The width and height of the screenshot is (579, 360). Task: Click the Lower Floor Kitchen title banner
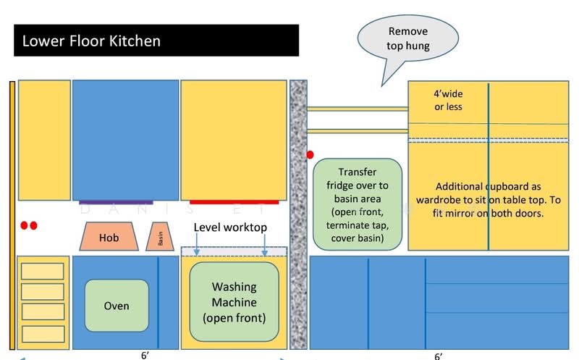156,41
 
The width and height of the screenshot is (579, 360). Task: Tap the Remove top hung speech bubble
407,39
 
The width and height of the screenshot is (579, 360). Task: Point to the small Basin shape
160,237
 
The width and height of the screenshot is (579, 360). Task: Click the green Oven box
117,306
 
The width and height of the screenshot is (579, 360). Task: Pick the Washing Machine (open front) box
234,302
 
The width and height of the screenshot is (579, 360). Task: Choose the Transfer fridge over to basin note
358,204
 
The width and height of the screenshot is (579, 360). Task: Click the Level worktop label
230,227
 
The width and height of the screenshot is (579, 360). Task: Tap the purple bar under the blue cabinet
116,202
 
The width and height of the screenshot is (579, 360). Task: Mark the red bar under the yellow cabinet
234,202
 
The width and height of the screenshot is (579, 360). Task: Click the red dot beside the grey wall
310,155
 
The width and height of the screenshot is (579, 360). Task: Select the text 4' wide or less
448,100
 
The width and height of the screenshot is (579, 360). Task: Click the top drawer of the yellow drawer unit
43,272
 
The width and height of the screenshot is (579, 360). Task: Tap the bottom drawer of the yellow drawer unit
43,334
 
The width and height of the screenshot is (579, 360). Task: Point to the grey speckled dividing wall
298,214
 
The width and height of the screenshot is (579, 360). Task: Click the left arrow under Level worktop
197,244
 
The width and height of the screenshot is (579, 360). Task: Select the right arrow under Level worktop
264,244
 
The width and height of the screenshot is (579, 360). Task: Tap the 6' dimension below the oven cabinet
145,355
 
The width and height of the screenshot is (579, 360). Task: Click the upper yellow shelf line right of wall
358,109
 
